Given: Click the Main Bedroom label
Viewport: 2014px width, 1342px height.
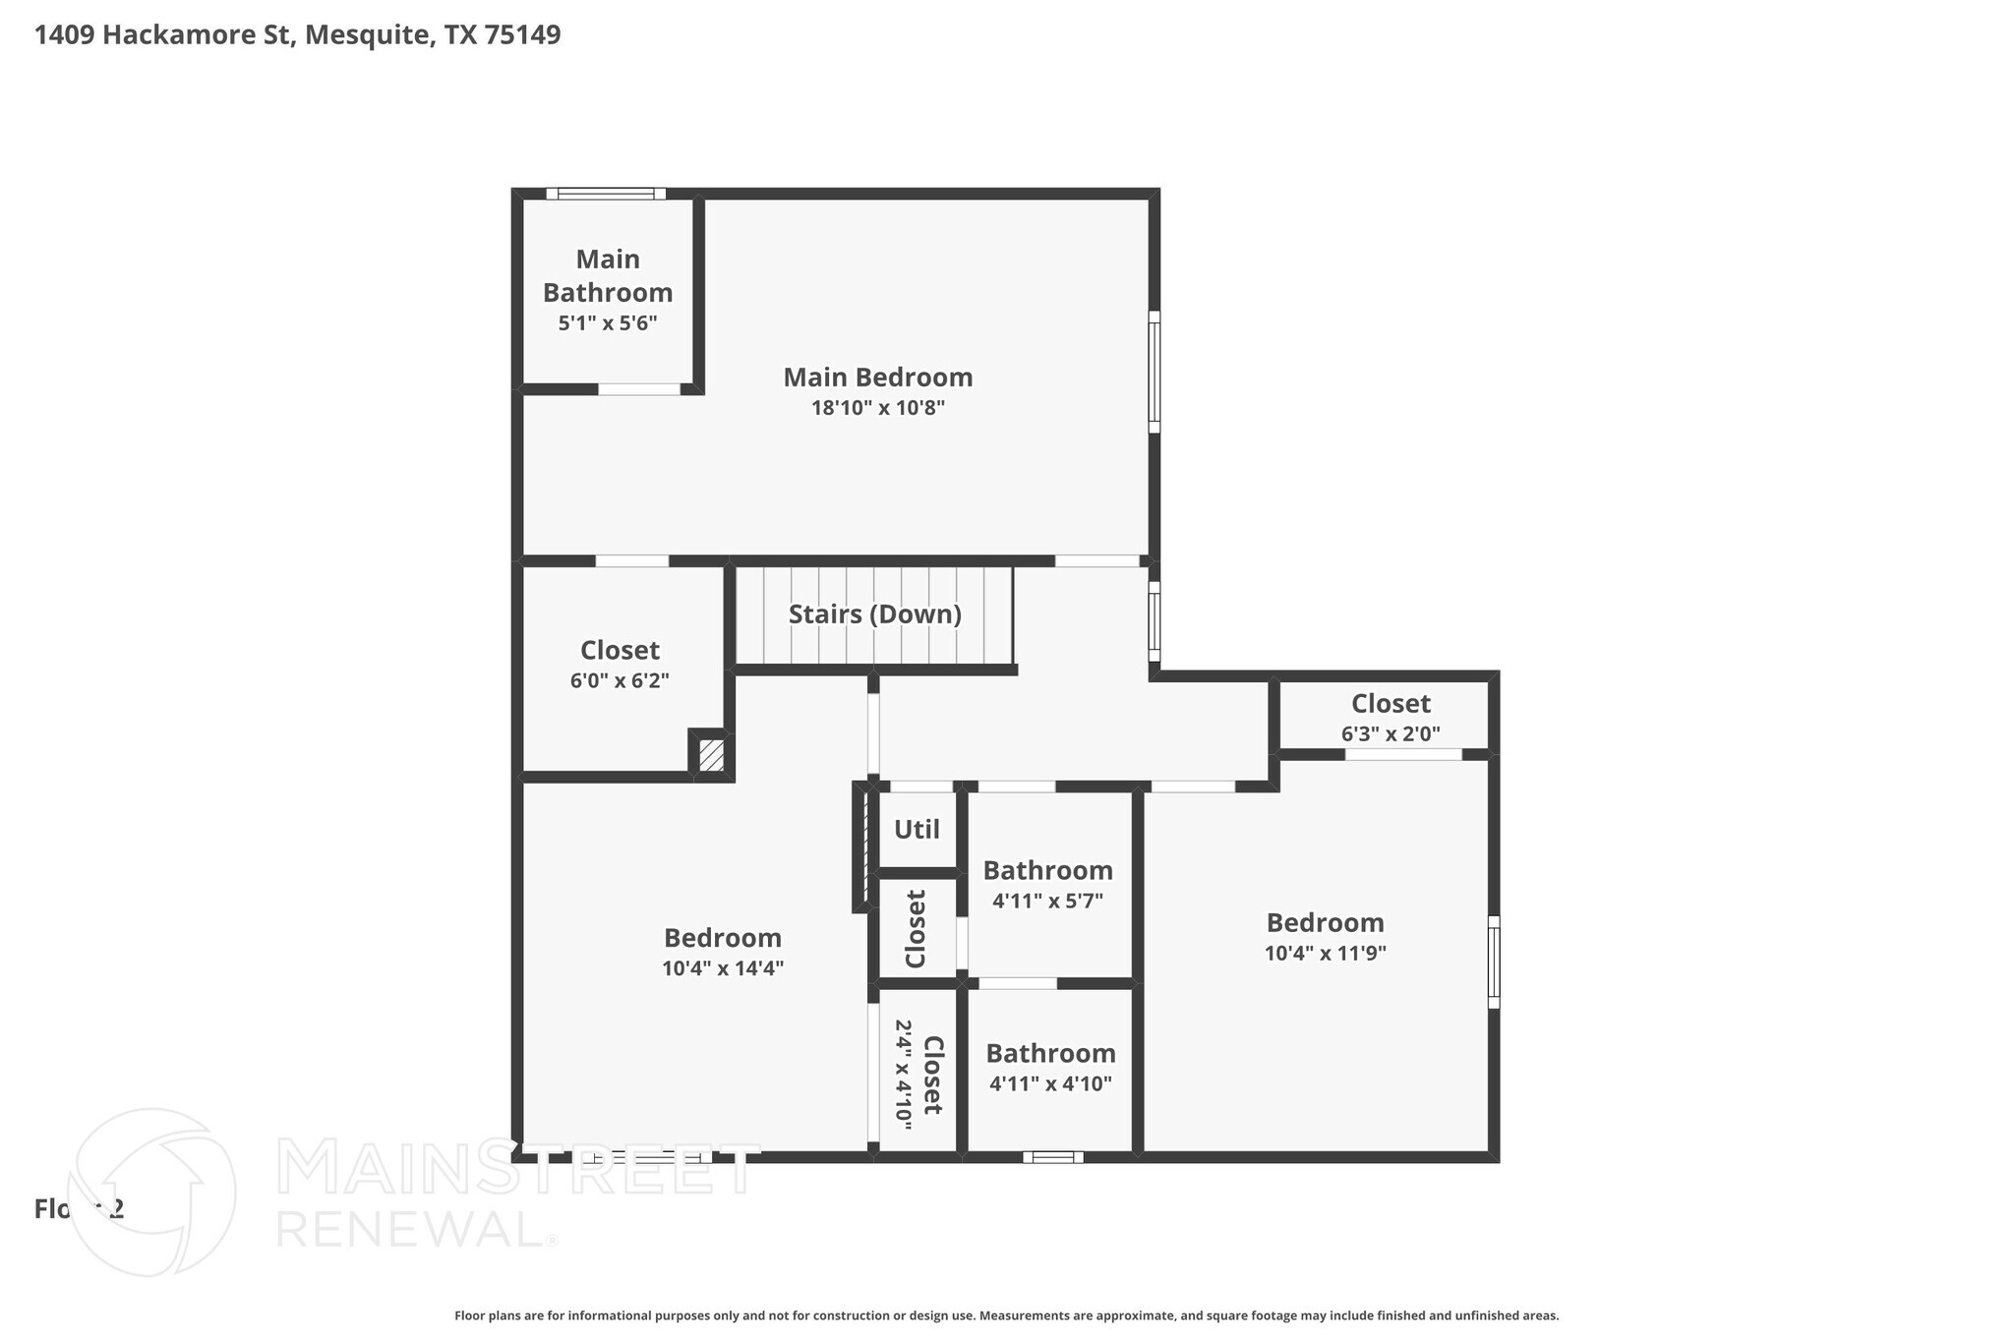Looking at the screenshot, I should (x=877, y=378).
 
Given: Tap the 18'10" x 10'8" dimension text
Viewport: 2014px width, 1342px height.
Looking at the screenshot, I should (x=877, y=408).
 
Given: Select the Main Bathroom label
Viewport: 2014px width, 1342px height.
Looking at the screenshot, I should (x=608, y=276).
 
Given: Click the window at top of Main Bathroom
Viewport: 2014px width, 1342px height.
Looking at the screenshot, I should (x=606, y=194).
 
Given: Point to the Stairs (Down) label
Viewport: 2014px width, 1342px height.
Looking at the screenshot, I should (x=874, y=614).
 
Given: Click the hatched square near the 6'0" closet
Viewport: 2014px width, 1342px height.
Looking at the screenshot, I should (x=711, y=755).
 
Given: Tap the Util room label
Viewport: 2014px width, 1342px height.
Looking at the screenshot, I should (x=917, y=830).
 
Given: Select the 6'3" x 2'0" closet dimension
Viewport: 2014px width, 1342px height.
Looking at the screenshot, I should (x=1390, y=733).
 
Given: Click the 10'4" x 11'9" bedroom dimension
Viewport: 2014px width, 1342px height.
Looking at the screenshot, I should (x=1325, y=953).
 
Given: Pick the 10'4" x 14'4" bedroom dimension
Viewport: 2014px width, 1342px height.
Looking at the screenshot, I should (x=722, y=968).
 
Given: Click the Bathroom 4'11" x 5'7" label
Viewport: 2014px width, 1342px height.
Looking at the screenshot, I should (x=1047, y=871).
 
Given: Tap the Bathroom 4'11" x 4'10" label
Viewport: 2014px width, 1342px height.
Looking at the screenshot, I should (x=1050, y=1054).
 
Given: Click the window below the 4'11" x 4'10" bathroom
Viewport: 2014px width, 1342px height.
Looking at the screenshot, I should (x=1052, y=1157).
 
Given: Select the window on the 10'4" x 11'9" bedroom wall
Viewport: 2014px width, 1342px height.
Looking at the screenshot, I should (x=1493, y=962).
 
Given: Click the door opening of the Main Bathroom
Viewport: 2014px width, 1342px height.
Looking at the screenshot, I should (x=639, y=389).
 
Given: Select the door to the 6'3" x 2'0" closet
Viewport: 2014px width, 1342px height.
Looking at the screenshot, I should (x=1402, y=754).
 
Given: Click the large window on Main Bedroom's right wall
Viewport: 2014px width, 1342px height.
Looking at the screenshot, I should (x=1155, y=372).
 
